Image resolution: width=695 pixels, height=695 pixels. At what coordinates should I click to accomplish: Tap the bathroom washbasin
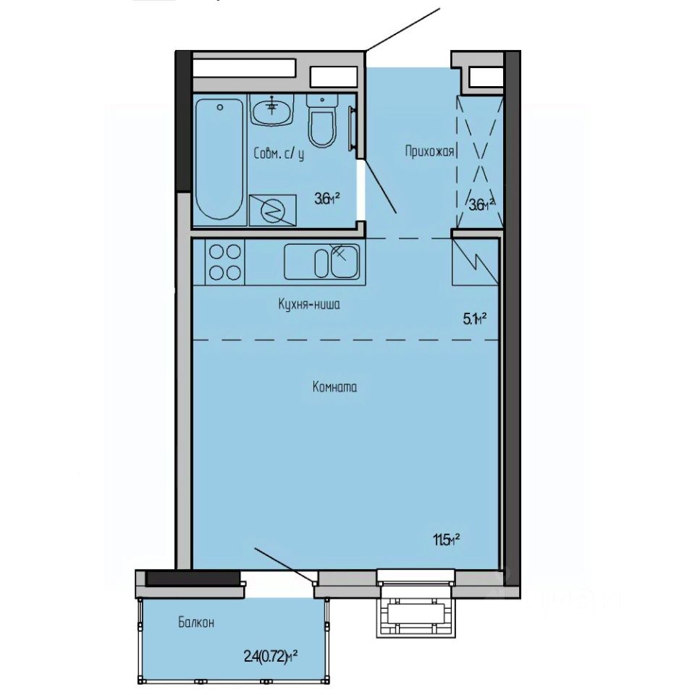273,109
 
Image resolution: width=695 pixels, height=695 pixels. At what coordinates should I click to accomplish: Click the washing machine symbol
272,210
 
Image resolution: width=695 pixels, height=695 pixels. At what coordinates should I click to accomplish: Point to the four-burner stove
224,261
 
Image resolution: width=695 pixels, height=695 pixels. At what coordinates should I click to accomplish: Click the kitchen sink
321,261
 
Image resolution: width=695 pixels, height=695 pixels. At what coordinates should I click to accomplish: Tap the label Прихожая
429,151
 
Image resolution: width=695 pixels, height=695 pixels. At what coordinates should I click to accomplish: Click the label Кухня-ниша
309,305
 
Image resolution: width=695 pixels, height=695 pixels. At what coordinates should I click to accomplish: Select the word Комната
334,387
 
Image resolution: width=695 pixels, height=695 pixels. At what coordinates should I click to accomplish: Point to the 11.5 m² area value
447,539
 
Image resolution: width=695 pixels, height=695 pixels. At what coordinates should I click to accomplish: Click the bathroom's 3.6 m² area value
327,197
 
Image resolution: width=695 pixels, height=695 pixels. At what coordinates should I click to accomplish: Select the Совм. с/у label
279,154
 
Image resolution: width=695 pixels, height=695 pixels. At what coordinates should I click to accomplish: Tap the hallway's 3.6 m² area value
482,204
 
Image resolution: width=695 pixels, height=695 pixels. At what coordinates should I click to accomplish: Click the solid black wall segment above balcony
193,578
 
